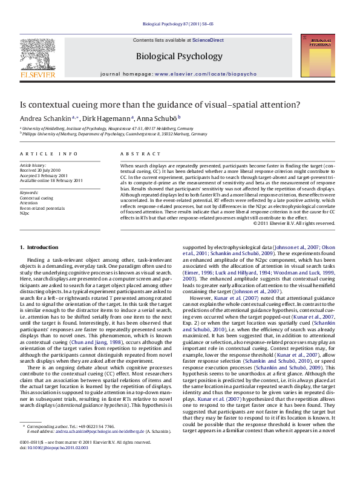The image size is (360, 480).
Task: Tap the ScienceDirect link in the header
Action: [208, 40]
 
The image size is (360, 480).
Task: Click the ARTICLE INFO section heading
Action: [48, 154]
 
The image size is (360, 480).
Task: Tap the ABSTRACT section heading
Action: [136, 154]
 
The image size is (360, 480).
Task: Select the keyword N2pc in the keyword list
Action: [25, 213]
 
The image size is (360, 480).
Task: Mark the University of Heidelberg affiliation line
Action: [108, 129]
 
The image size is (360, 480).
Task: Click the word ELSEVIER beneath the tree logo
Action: [38, 75]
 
